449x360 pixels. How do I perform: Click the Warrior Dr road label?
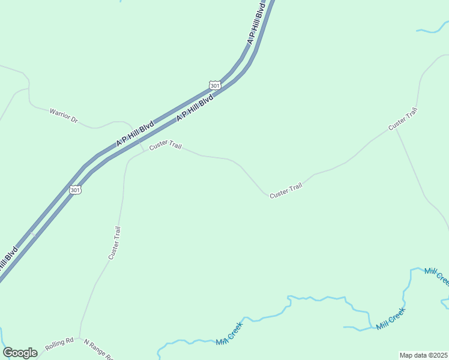[x=64, y=116]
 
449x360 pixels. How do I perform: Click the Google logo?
[x=20, y=353]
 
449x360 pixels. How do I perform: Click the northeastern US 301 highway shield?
[x=215, y=85]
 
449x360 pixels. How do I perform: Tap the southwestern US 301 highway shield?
[x=74, y=190]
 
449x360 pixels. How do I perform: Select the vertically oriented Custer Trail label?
[x=115, y=242]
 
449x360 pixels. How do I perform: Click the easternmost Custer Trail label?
[x=402, y=118]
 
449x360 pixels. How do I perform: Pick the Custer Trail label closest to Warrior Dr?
[x=165, y=145]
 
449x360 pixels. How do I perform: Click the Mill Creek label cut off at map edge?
[x=437, y=275]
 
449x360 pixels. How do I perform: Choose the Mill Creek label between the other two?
[x=391, y=318]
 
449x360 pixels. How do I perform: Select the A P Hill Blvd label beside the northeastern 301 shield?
[x=195, y=108]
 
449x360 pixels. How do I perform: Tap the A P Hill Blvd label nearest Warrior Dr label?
[x=135, y=134]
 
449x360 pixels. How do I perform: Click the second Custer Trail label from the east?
[x=286, y=191]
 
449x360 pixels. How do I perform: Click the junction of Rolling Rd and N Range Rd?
[x=80, y=338]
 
